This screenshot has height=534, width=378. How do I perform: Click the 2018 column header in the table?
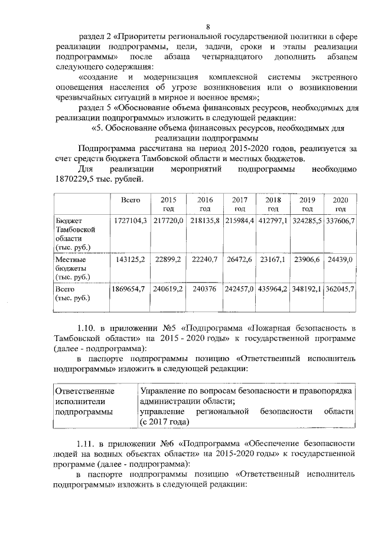click(273, 204)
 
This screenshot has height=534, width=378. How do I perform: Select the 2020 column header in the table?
click(340, 204)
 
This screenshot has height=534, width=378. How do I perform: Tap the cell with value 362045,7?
click(340, 290)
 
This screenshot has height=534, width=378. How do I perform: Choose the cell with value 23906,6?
click(307, 259)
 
